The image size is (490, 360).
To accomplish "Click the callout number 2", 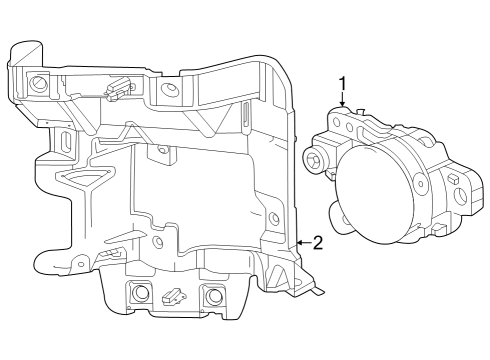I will (x=317, y=242).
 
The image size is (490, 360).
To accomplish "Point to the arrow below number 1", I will (x=342, y=103).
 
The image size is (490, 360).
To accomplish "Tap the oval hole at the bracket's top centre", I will (x=170, y=90).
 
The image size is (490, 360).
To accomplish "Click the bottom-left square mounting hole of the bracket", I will (x=138, y=293).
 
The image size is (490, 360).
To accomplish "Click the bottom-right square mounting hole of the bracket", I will (x=211, y=295).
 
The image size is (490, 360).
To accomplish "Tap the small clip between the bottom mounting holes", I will (x=174, y=296).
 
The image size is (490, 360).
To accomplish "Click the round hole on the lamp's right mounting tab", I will (x=461, y=196).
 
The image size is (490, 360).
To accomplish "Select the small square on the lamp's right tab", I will (x=451, y=179).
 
